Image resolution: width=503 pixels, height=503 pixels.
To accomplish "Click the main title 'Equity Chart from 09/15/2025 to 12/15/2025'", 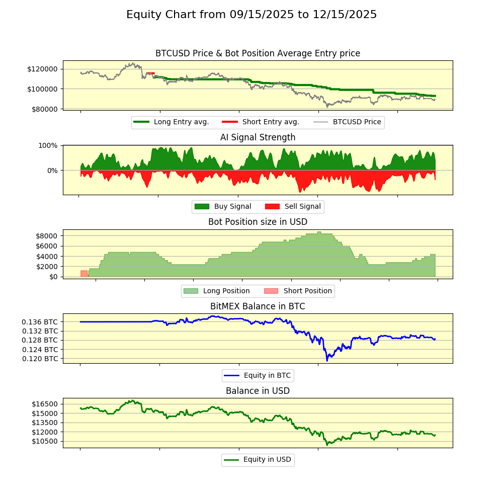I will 251,15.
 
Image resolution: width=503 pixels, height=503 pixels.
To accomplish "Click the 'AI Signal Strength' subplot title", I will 258,137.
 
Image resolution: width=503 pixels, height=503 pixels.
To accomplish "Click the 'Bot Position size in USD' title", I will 258,222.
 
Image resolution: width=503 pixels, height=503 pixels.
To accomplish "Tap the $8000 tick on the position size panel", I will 47,235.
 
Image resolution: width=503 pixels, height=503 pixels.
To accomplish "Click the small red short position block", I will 84,274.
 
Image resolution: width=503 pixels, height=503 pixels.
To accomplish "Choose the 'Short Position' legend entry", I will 307,291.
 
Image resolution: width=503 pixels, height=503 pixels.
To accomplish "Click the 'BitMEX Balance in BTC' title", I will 258,306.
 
